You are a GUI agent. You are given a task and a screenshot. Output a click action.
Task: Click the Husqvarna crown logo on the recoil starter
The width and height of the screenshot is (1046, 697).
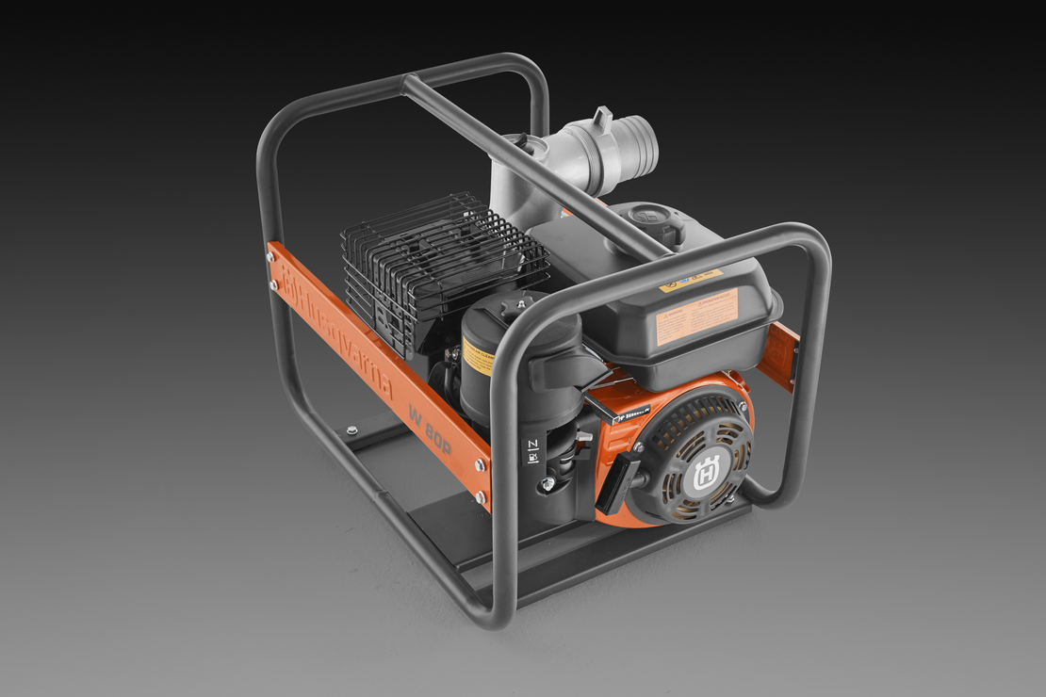pos(706,468)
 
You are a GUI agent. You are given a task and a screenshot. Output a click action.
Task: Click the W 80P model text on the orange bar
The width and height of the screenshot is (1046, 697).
pos(430,429)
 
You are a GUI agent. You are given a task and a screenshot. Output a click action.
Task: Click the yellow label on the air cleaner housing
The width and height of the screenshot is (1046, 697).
pos(477,356)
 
